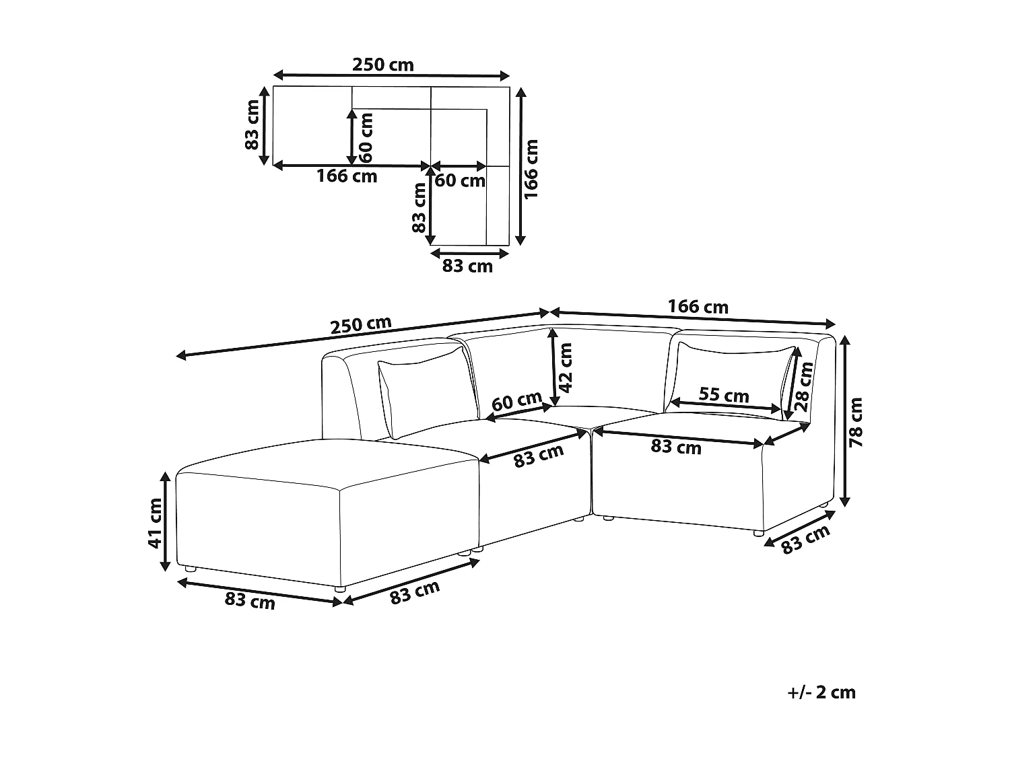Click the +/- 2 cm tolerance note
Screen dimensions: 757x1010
pos(821,692)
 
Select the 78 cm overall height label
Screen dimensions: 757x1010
pos(856,423)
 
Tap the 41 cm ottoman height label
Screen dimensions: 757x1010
pos(156,523)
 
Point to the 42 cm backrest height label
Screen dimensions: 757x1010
pos(566,367)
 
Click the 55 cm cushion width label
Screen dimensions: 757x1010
pos(723,394)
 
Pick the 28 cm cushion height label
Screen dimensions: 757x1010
pos(804,387)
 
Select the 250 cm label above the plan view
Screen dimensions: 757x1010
pos(382,65)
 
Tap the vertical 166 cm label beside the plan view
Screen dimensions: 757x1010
pos(531,168)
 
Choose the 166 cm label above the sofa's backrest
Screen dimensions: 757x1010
pos(698,307)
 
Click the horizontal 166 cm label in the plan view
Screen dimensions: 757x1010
pos(347,176)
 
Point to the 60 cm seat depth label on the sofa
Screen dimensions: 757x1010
pos(516,402)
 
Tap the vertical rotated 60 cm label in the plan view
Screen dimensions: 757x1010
pos(366,138)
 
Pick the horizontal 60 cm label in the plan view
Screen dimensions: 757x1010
pos(460,180)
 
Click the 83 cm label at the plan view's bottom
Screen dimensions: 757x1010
pos(467,266)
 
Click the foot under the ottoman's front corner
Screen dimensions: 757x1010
pos(340,589)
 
